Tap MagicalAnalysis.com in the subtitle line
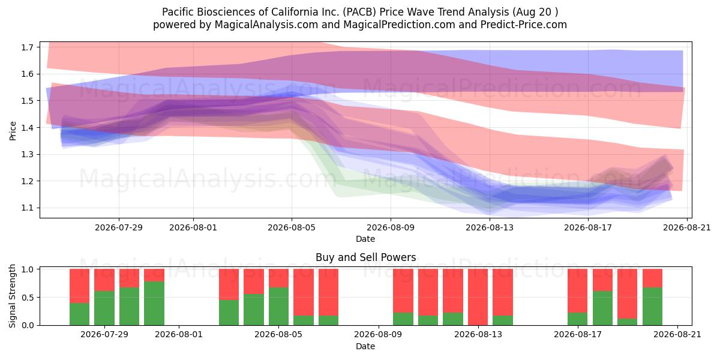click(266, 25)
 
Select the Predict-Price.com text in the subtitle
click(524, 25)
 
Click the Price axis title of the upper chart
click(13, 131)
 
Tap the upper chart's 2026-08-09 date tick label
click(391, 227)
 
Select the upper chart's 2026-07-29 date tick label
click(119, 227)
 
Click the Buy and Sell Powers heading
click(365, 257)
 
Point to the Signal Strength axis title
click(12, 296)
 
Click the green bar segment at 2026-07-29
click(104, 308)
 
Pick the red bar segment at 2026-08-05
click(278, 278)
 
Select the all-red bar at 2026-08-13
click(478, 297)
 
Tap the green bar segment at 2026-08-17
click(578, 319)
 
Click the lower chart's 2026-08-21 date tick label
click(677, 334)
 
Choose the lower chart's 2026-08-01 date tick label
click(179, 334)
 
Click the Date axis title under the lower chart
click(365, 346)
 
